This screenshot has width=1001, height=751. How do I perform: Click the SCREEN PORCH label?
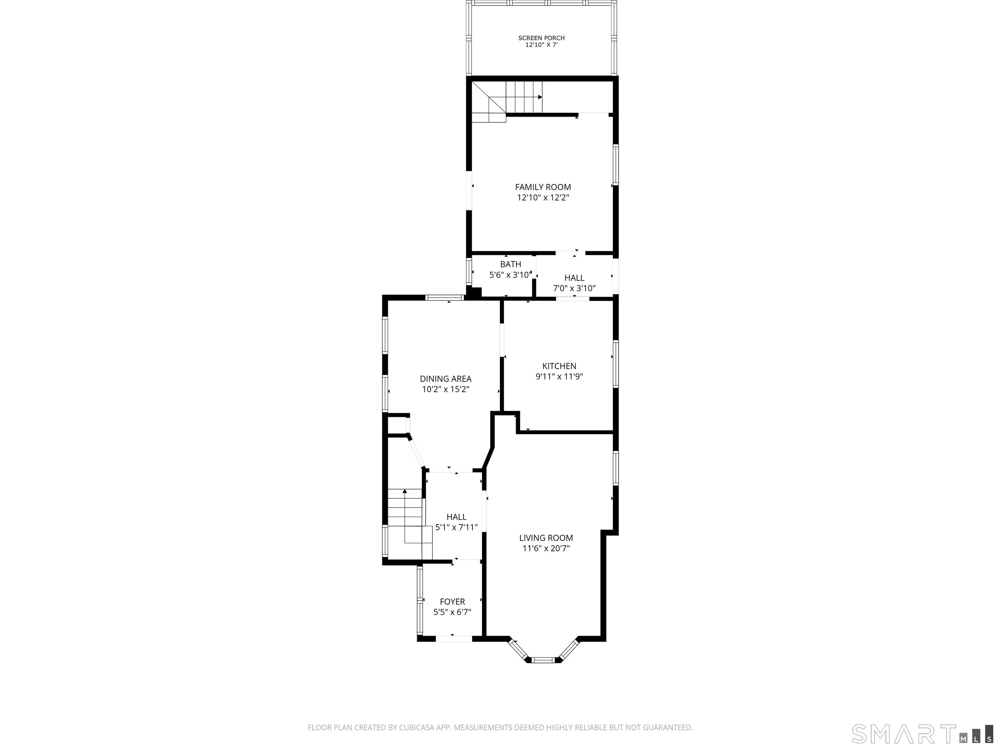[541, 38]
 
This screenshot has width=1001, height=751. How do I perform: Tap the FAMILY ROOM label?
[543, 187]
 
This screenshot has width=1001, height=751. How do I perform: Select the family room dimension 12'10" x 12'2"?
[543, 198]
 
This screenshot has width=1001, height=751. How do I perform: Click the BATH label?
[511, 264]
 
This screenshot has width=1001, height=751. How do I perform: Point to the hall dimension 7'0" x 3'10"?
[574, 288]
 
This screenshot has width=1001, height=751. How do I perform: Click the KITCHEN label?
[559, 366]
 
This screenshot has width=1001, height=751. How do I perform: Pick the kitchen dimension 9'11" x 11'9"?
[559, 376]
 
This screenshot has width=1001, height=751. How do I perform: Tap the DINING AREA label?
[446, 379]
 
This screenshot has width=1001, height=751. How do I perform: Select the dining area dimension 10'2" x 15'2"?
[446, 389]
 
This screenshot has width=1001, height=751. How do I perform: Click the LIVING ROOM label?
[546, 538]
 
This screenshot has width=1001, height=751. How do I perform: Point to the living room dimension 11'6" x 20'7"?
[546, 549]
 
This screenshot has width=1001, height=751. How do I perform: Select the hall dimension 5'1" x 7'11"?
[457, 527]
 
